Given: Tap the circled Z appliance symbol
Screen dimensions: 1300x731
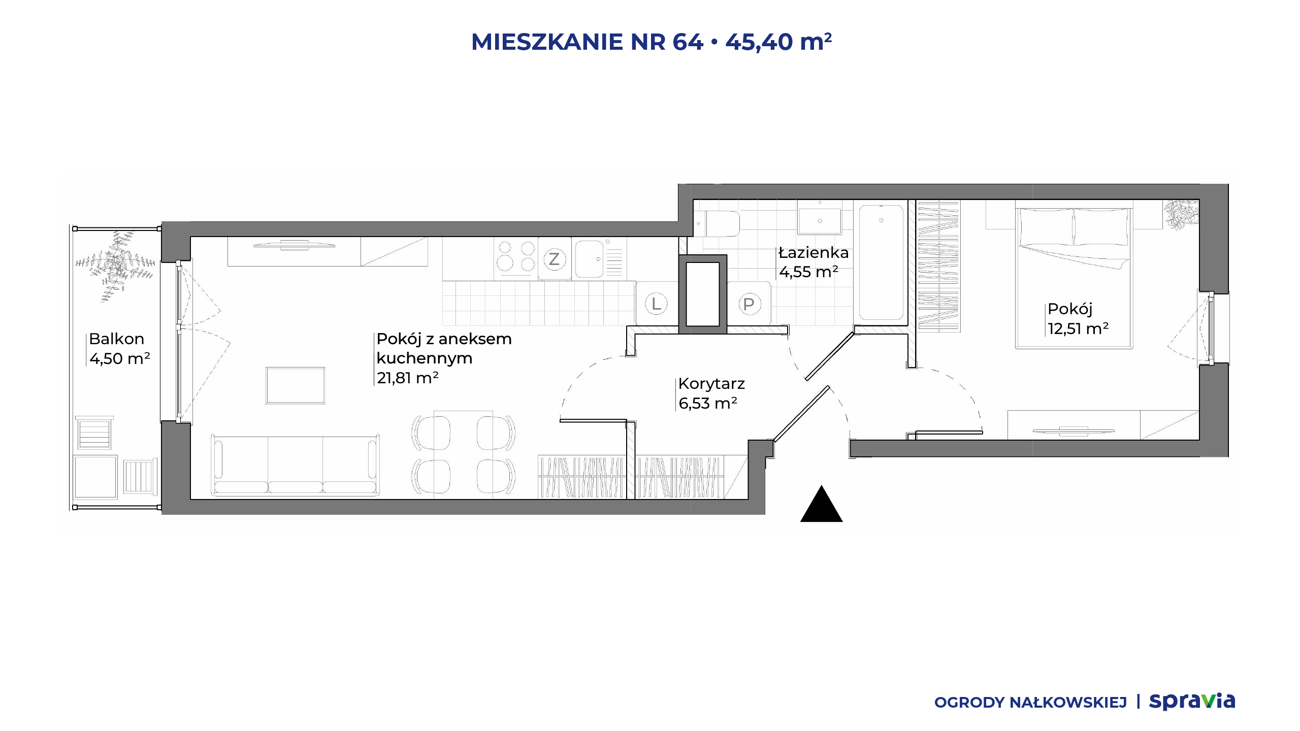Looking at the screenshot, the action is pos(554,259).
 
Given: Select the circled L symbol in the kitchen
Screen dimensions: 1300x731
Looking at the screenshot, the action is pos(656,304).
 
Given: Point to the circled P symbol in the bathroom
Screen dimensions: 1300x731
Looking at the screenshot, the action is pos(749,305).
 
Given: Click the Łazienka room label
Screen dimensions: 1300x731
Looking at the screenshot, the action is pos(814,252).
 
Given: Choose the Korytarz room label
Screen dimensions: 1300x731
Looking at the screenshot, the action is pos(711,384).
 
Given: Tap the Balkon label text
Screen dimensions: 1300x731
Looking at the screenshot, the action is pos(116,339).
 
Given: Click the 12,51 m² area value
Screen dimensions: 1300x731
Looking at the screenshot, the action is pos(1078,328).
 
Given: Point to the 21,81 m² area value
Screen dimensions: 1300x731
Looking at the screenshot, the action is pos(407,378).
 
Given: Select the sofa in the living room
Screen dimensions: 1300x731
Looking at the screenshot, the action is pos(295,465).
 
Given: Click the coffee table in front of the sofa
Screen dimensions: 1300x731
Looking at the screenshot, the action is pos(295,386).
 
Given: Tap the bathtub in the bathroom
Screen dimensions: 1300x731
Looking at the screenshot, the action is pos(881,262).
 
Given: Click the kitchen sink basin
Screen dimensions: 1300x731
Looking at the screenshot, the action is pos(589,259).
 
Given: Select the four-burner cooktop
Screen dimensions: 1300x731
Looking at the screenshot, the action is pos(516,256).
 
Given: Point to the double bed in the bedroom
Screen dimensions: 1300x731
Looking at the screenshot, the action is pos(1074,278).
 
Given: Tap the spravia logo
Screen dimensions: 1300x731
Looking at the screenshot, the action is pos(1192,702).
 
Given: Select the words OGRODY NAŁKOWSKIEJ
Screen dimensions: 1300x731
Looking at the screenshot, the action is pos(1030,703).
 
